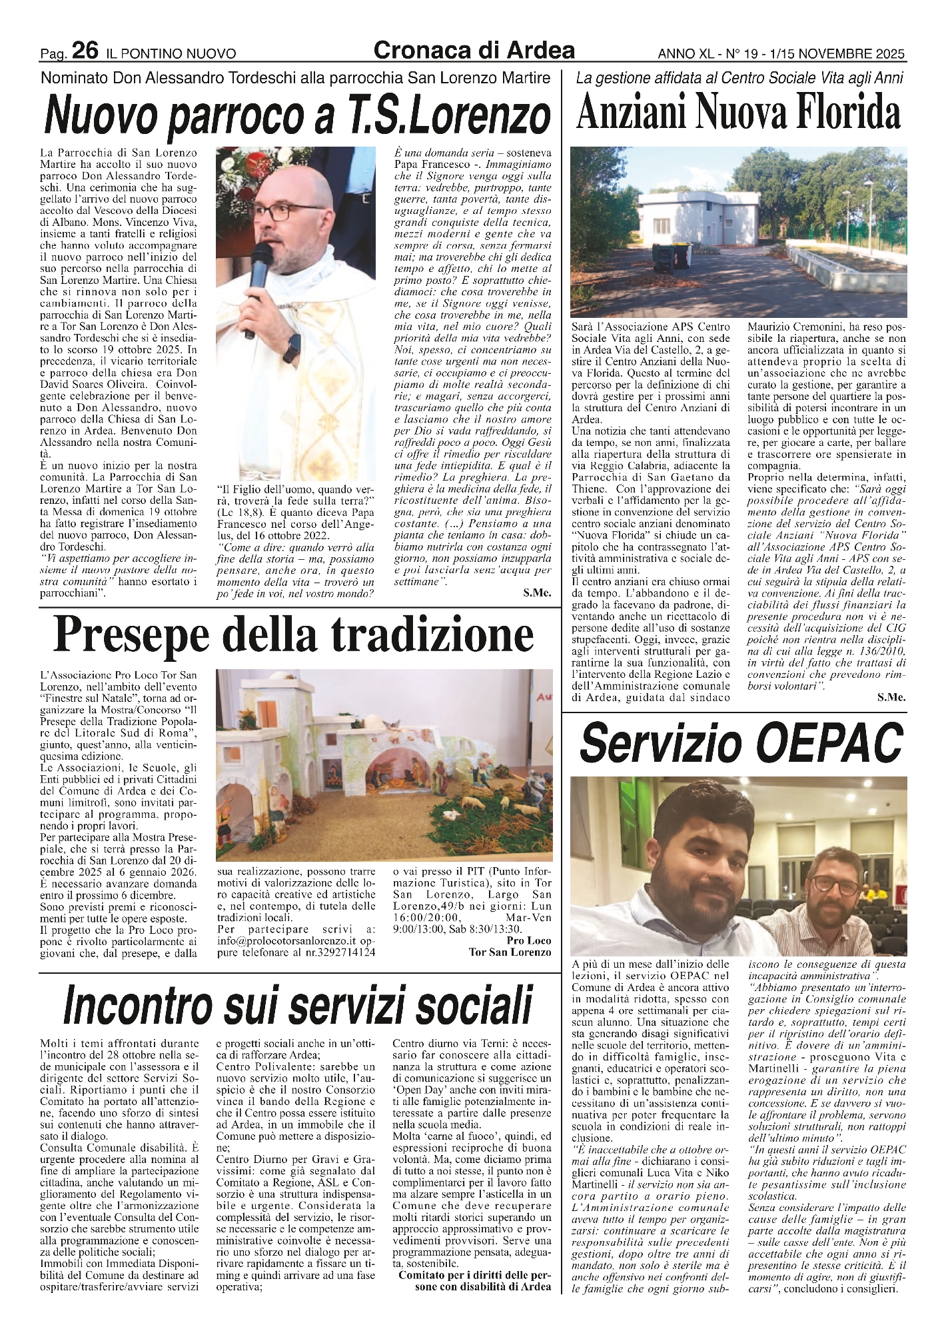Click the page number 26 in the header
pyautogui.click(x=85, y=51)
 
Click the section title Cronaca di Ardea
pyautogui.click(x=474, y=50)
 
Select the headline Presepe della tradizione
pyautogui.click(x=294, y=637)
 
